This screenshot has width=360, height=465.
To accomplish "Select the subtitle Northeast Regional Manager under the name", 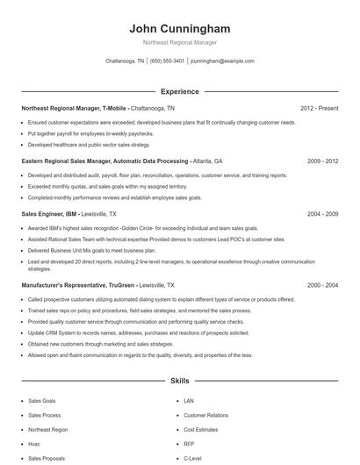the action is [x=179, y=42].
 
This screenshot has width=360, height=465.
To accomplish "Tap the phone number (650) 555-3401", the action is [x=167, y=61].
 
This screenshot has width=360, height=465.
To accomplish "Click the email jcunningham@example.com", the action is [x=222, y=61].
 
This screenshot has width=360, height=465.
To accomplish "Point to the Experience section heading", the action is [x=179, y=91].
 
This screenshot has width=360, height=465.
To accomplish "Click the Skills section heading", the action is [x=179, y=382].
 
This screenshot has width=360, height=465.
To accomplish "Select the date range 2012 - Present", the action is [x=319, y=109].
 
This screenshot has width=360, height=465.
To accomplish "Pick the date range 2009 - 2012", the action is [x=320, y=161].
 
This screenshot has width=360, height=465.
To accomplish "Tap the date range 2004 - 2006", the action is [x=320, y=214].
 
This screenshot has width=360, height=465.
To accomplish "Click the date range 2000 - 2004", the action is [x=320, y=285].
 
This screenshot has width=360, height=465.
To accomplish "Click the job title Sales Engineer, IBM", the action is [x=49, y=214].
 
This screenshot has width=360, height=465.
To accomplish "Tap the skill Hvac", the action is [x=34, y=444].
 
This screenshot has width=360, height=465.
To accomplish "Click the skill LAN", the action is [x=189, y=400].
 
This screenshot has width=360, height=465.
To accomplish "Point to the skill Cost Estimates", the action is [x=200, y=430].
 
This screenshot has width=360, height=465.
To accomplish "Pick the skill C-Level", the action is [x=192, y=459].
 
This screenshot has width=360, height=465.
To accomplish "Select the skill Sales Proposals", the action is [x=46, y=459].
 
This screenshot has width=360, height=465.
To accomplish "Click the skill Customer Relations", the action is [x=205, y=415].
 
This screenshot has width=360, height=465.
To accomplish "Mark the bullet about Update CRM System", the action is [x=126, y=333].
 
